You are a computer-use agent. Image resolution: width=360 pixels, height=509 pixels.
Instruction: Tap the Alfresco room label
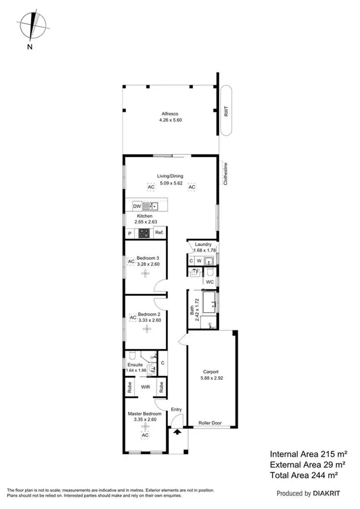click(x=170, y=114)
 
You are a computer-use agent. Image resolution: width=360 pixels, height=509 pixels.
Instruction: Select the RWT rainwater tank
click(x=227, y=111)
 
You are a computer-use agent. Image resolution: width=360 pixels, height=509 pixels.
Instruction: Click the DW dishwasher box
click(x=136, y=206)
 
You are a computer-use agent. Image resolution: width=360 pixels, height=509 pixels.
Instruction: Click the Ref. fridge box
click(x=159, y=233)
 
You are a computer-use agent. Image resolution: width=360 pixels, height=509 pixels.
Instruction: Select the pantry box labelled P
click(x=130, y=233)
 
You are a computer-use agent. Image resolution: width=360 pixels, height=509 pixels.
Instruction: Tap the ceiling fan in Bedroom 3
click(x=145, y=273)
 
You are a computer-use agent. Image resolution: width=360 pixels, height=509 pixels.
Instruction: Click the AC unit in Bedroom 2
click(x=132, y=318)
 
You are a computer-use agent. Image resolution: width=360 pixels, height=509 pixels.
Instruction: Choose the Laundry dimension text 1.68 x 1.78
click(x=201, y=250)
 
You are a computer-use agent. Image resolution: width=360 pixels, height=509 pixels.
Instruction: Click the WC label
click(x=209, y=282)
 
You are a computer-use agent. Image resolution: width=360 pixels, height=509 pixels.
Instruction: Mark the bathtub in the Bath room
click(x=207, y=303)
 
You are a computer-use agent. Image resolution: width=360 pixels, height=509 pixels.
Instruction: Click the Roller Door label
click(x=210, y=423)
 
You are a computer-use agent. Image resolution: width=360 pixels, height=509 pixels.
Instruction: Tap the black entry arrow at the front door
click(x=177, y=432)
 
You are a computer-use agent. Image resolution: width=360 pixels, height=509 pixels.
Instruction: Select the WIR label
click(x=145, y=385)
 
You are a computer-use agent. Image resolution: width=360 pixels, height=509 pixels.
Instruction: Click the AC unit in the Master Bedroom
click(x=145, y=435)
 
